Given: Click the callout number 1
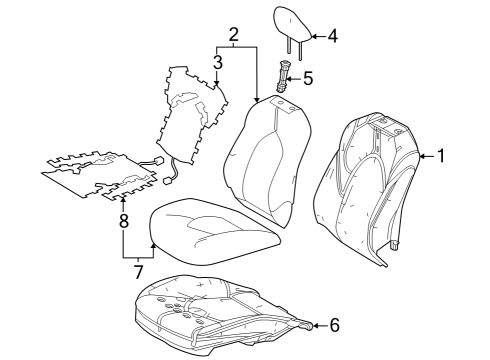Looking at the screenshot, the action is pyautogui.click(x=441, y=156).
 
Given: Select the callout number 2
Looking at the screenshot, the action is pyautogui.click(x=233, y=37).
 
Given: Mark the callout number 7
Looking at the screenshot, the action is pyautogui.click(x=138, y=271).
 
